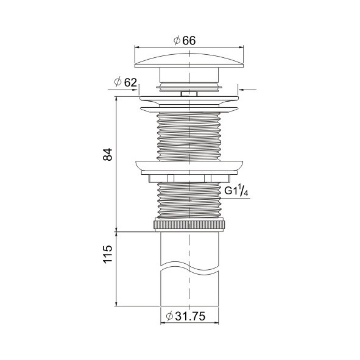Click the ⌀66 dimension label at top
[185, 41]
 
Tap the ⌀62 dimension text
[125, 82]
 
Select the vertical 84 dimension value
[108, 155]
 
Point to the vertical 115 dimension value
[108, 255]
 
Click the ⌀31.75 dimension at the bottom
[186, 316]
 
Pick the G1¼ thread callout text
[236, 191]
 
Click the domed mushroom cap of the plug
[189, 61]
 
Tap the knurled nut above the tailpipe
[189, 225]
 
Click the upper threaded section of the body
[189, 136]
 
